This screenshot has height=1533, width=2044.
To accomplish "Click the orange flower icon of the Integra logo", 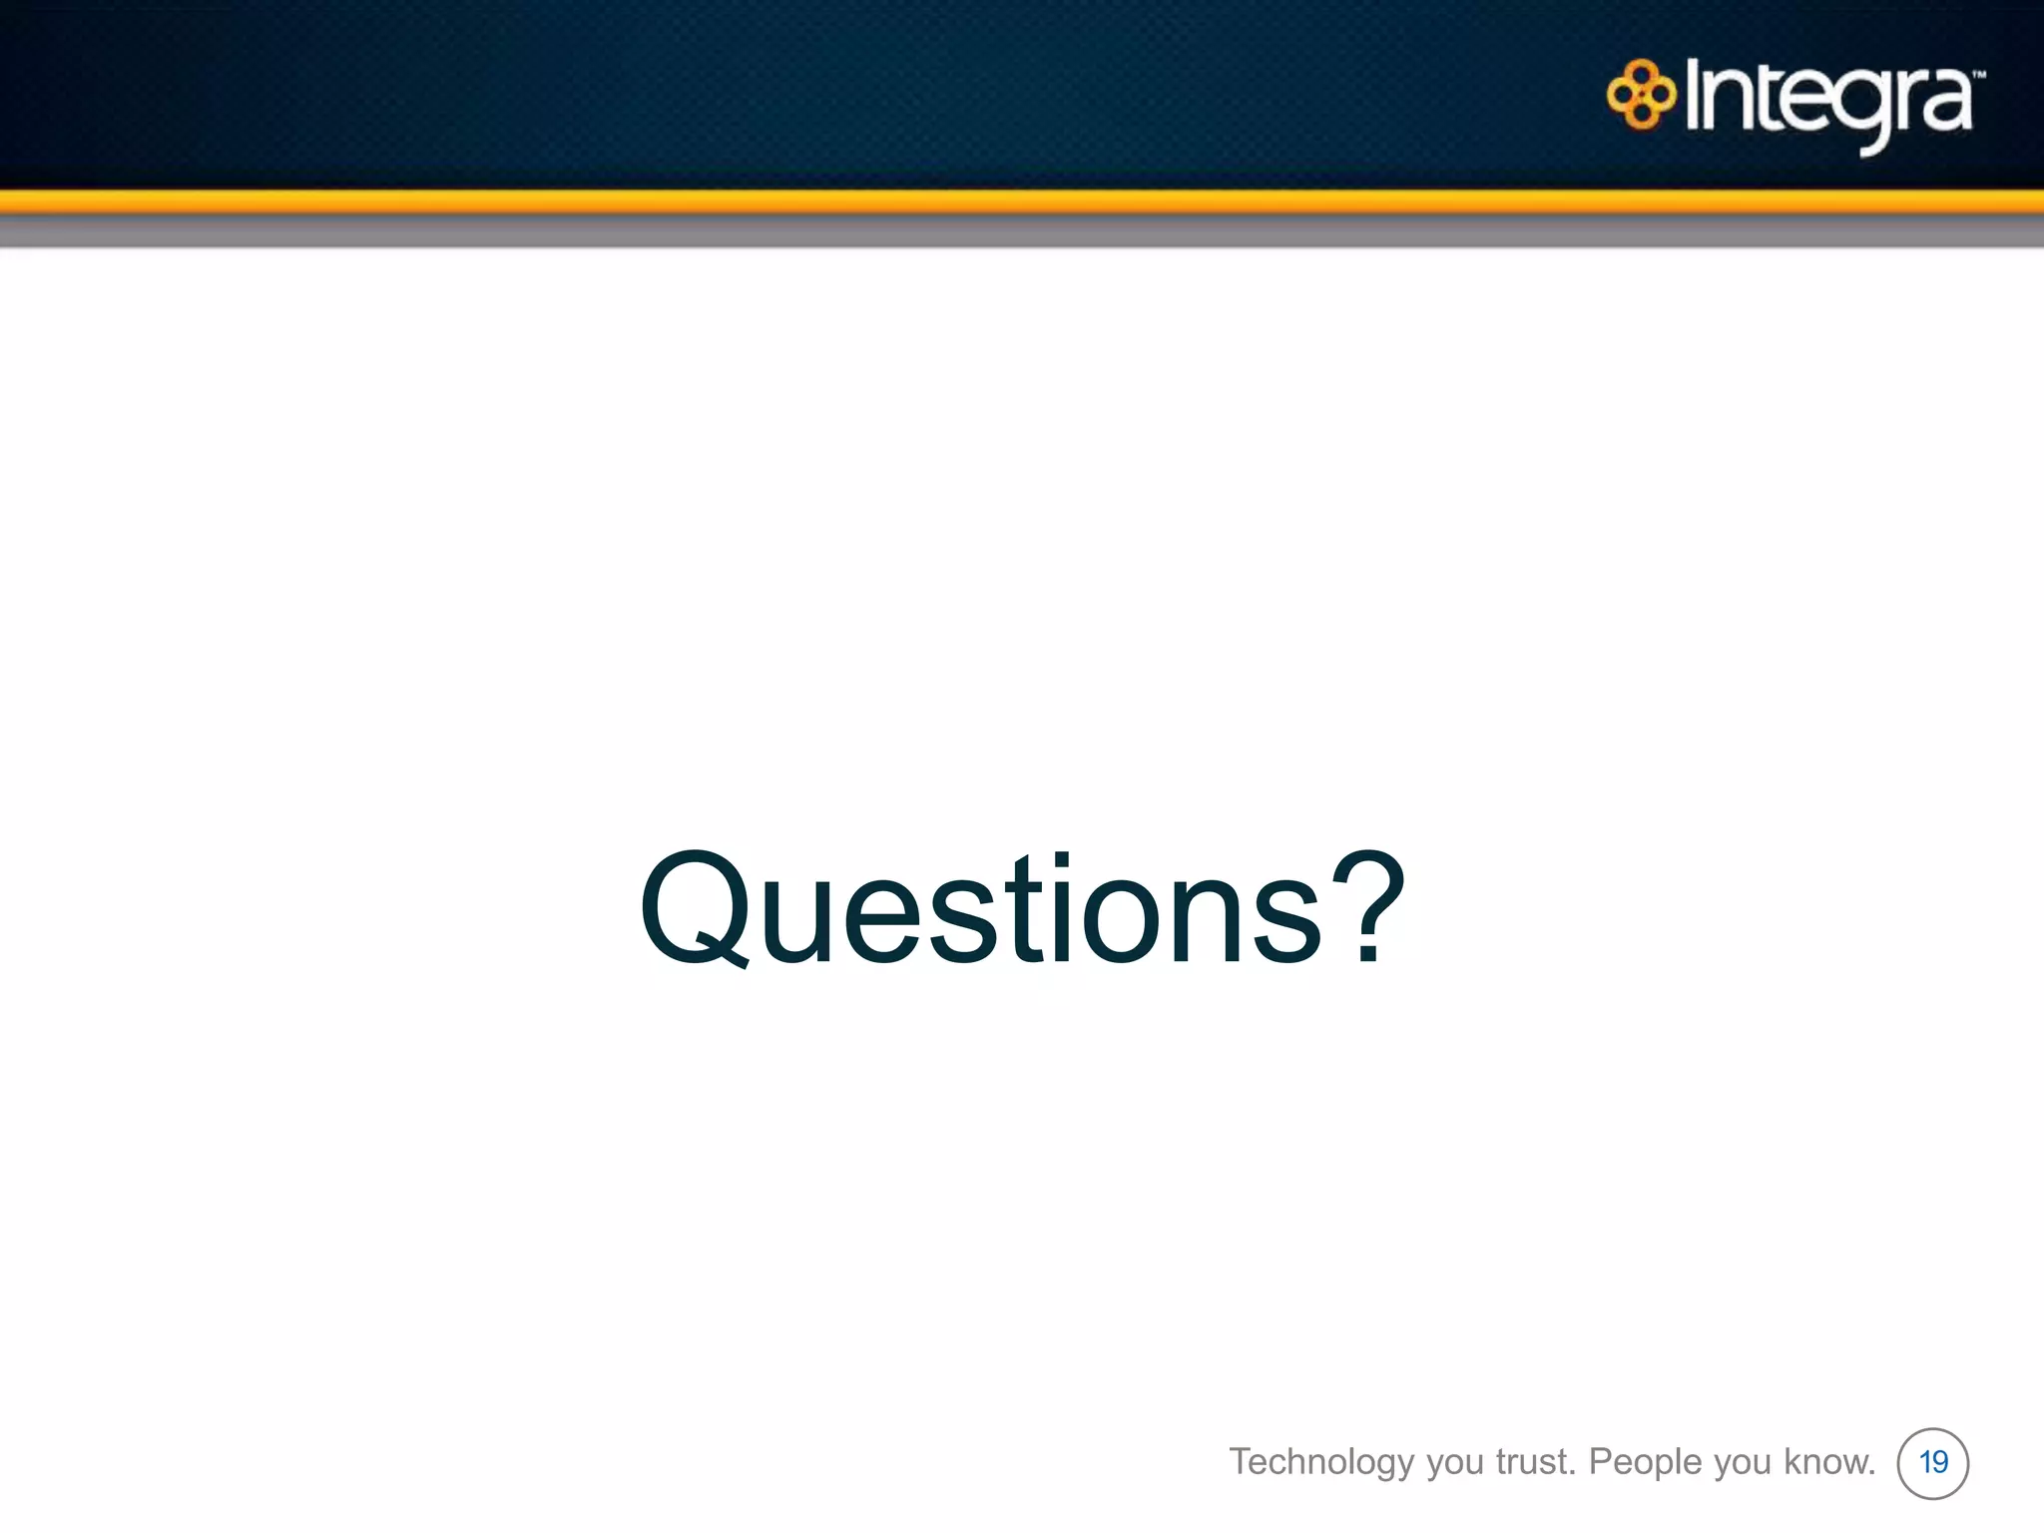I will [x=1640, y=96].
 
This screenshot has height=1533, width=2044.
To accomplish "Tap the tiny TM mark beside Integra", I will [x=1979, y=74].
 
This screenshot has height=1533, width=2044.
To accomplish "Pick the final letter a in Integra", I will [x=1947, y=104].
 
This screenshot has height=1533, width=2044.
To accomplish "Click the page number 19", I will [x=1933, y=1463].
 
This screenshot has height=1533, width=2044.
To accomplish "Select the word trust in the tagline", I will [x=1535, y=1462].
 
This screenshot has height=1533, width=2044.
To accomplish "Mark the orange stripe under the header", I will [x=1022, y=201].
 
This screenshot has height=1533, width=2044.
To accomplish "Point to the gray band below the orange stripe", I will [x=1022, y=232].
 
